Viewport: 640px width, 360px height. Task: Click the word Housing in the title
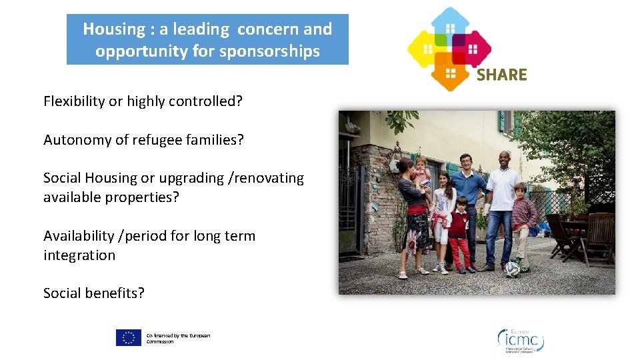114,29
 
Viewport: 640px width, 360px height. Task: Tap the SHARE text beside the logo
501,75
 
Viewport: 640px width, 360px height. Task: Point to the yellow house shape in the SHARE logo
426,47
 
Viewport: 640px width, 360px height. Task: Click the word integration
79,255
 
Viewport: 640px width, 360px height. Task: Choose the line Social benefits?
94,293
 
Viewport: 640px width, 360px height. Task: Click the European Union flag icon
129,338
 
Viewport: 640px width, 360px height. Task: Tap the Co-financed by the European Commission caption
178,339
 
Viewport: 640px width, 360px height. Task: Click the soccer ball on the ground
511,269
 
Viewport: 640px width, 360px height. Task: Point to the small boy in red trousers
458,233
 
